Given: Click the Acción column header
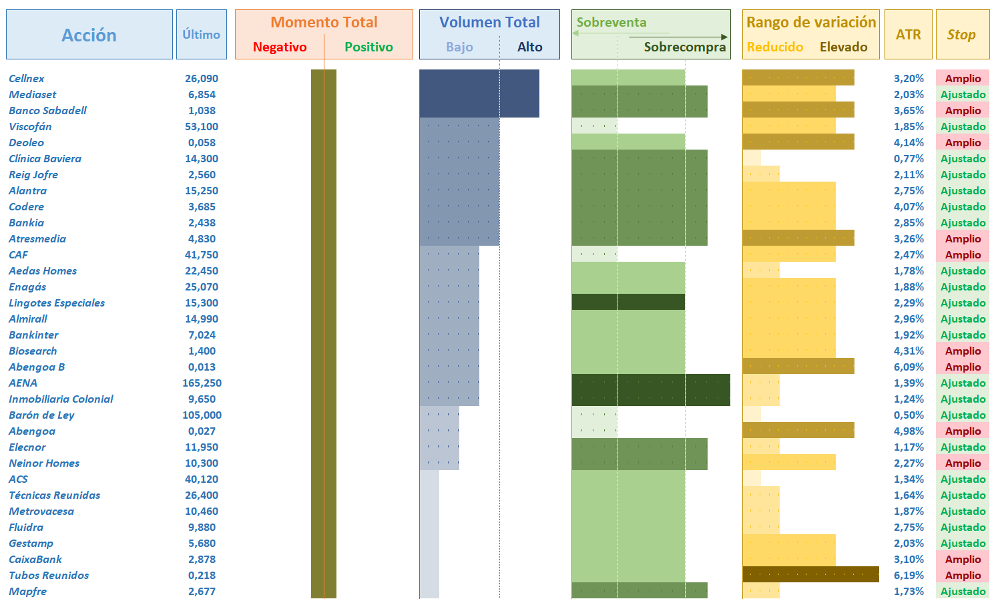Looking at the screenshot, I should click(89, 35).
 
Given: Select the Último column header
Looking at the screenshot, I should click(201, 34).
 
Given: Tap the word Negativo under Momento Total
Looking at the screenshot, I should click(280, 47).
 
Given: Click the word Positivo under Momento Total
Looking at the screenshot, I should click(368, 47).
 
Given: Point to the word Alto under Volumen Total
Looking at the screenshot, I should click(529, 47).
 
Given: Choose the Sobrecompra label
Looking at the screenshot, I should click(684, 47).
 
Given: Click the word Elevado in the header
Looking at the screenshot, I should click(843, 47).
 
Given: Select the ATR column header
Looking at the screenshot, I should click(908, 35).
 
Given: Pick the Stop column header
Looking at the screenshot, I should click(961, 35).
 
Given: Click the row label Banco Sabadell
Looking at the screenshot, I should click(47, 110).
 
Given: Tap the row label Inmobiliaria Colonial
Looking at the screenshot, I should click(61, 399).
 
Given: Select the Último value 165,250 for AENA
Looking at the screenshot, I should click(202, 383).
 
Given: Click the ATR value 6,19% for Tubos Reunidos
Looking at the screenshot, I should click(909, 575).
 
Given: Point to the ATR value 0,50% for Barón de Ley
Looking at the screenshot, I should click(909, 415).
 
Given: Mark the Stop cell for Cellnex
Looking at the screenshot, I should click(963, 78).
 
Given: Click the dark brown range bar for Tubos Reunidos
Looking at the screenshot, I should click(810, 574).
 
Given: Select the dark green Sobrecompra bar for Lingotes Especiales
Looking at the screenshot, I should click(628, 302).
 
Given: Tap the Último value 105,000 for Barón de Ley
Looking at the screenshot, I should click(202, 415).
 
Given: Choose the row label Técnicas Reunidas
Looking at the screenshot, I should click(54, 495).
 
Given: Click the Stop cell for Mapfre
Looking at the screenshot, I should click(963, 591).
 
